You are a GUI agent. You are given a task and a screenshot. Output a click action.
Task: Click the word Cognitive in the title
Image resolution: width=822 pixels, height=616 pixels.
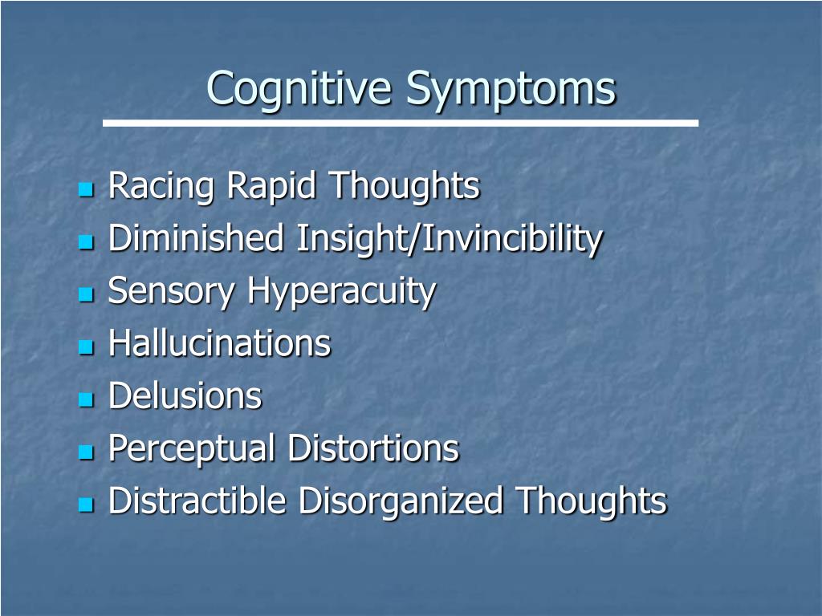click(299, 89)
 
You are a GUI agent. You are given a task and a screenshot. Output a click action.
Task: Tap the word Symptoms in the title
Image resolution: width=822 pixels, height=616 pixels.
click(511, 90)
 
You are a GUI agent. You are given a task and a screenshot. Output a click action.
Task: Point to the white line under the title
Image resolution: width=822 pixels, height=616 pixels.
click(401, 123)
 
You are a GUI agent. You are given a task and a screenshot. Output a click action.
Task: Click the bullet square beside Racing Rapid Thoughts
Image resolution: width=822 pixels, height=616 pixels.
click(86, 189)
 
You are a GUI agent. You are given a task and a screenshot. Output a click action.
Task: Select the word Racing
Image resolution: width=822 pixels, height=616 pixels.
click(161, 187)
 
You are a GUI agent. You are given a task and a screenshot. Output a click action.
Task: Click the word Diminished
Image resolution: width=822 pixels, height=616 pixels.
click(196, 237)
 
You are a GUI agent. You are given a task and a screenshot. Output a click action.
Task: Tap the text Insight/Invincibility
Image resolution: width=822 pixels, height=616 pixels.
click(450, 239)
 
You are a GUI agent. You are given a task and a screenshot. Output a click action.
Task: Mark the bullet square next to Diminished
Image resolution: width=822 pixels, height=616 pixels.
click(86, 241)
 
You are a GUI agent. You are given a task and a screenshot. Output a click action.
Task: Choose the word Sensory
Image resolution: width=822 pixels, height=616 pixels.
click(172, 292)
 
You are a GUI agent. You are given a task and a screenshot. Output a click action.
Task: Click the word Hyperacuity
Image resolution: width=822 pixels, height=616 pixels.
click(341, 292)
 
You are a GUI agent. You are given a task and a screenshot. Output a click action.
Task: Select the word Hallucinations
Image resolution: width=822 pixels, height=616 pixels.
click(220, 342)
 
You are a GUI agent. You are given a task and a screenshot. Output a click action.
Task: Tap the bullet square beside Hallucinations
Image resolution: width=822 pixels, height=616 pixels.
click(86, 346)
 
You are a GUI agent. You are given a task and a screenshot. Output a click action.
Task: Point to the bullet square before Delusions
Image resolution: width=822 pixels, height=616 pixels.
click(86, 399)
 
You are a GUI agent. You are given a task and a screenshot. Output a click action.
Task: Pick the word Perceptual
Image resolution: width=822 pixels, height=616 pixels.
click(192, 449)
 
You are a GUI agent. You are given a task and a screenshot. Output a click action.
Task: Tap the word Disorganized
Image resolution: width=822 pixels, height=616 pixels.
click(401, 501)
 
